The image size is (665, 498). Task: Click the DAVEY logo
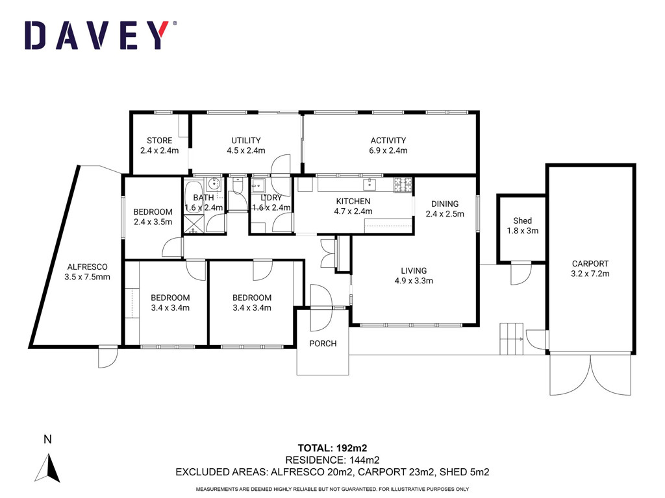point(101,35)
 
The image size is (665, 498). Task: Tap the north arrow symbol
point(48,468)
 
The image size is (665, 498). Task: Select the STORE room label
point(160,141)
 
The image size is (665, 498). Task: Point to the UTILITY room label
point(246,141)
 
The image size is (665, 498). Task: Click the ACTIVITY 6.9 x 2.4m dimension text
point(388,150)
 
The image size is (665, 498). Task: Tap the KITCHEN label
point(353,202)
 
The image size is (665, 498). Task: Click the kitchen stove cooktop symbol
point(403,185)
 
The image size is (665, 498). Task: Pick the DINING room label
point(445,204)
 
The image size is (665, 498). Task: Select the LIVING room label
point(414,271)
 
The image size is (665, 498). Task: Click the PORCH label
point(323,344)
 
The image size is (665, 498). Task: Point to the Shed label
point(523,221)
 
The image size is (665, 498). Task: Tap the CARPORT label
point(590,264)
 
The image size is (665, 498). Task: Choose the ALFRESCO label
point(88,267)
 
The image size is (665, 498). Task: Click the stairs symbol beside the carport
point(512,338)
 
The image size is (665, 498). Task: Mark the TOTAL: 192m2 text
point(332,448)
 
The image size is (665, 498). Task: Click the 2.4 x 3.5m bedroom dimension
point(153,222)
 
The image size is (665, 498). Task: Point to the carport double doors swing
point(590,375)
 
